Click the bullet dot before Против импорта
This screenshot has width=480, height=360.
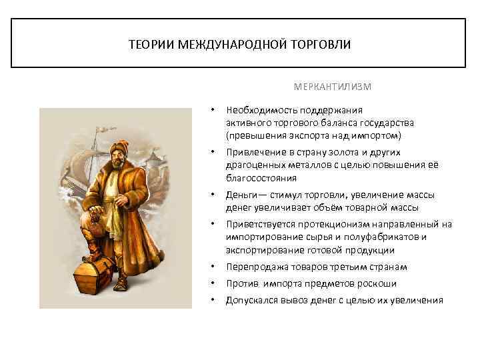[x=212, y=283]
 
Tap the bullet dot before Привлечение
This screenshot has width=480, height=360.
[x=212, y=153]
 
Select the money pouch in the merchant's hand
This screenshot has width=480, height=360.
[x=97, y=223]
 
